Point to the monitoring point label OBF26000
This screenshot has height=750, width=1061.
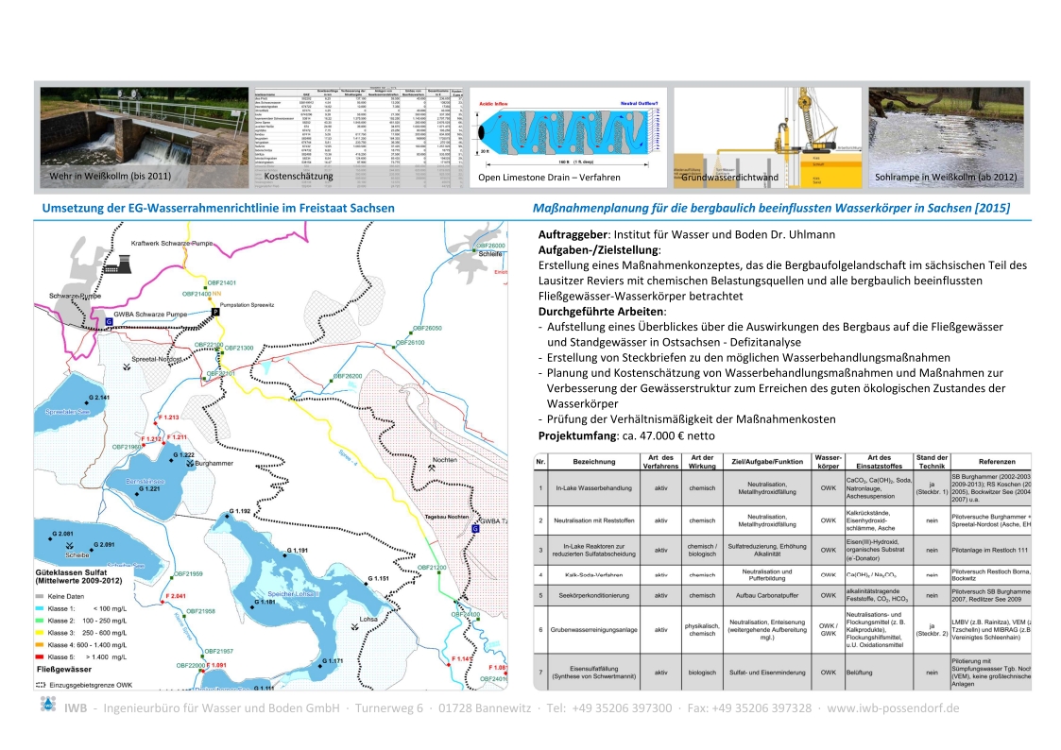pyautogui.click(x=490, y=246)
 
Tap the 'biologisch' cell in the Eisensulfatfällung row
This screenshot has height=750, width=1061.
pyautogui.click(x=702, y=673)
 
